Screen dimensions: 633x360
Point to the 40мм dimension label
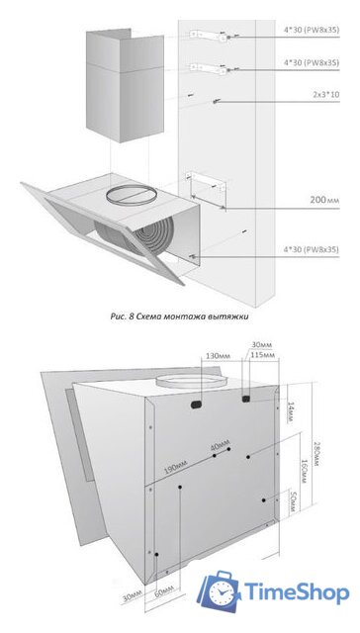(x=218, y=446)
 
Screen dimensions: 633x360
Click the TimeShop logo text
(x=294, y=593)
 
